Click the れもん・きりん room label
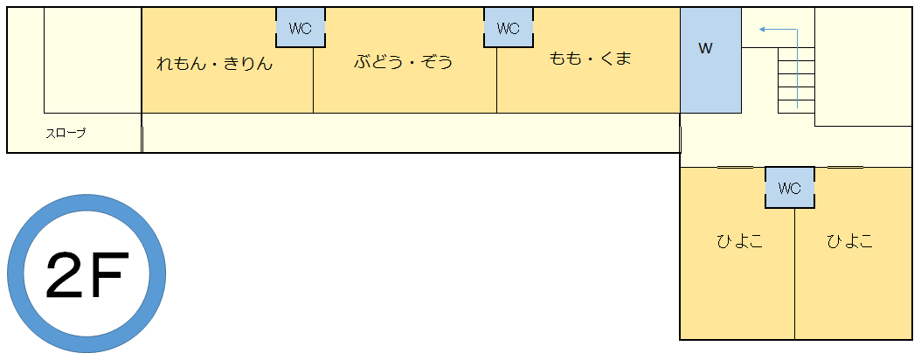(x=214, y=63)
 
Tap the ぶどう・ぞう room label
(x=404, y=61)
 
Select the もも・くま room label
(x=590, y=59)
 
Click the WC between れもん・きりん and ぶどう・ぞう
(x=300, y=28)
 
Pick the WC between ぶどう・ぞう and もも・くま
(x=508, y=28)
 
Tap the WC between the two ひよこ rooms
(x=789, y=187)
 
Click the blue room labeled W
(x=710, y=60)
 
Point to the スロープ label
(x=66, y=134)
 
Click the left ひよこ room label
(x=739, y=241)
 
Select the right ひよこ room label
(x=850, y=241)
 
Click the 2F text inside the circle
(x=87, y=275)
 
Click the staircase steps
(x=796, y=80)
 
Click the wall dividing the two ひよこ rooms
(x=794, y=273)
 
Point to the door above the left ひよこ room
(x=735, y=168)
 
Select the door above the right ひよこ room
(x=845, y=168)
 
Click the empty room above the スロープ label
(x=93, y=60)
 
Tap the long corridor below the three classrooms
(x=412, y=133)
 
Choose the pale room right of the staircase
(x=862, y=67)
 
